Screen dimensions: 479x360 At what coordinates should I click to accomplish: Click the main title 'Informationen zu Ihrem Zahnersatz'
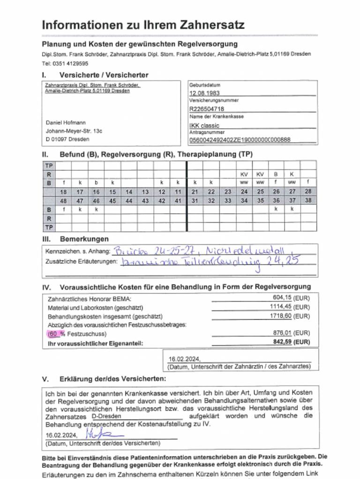coord(143,25)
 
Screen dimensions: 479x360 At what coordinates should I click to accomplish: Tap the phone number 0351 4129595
coord(72,63)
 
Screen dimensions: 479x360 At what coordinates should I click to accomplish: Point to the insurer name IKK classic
coord(204,125)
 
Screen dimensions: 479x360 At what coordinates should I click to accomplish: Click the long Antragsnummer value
coord(240,139)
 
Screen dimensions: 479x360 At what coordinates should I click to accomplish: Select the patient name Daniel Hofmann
coord(66,123)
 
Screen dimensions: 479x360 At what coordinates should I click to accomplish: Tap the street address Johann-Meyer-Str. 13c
coord(74,131)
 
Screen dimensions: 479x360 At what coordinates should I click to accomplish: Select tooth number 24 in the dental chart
coord(244,192)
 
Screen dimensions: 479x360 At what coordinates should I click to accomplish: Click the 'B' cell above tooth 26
coord(276,174)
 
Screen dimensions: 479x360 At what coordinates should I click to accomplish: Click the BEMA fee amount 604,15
coord(283,298)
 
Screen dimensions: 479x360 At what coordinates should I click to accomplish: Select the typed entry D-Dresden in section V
coord(107,416)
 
